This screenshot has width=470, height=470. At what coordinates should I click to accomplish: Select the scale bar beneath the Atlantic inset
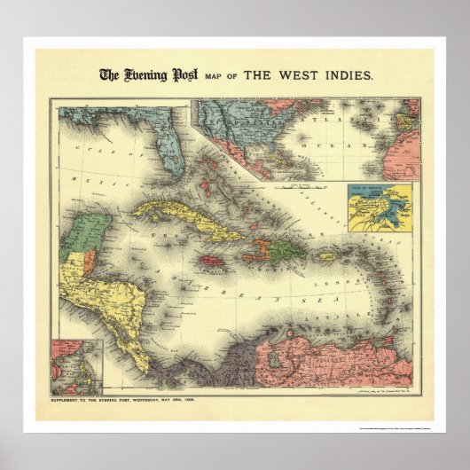tap(299, 185)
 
